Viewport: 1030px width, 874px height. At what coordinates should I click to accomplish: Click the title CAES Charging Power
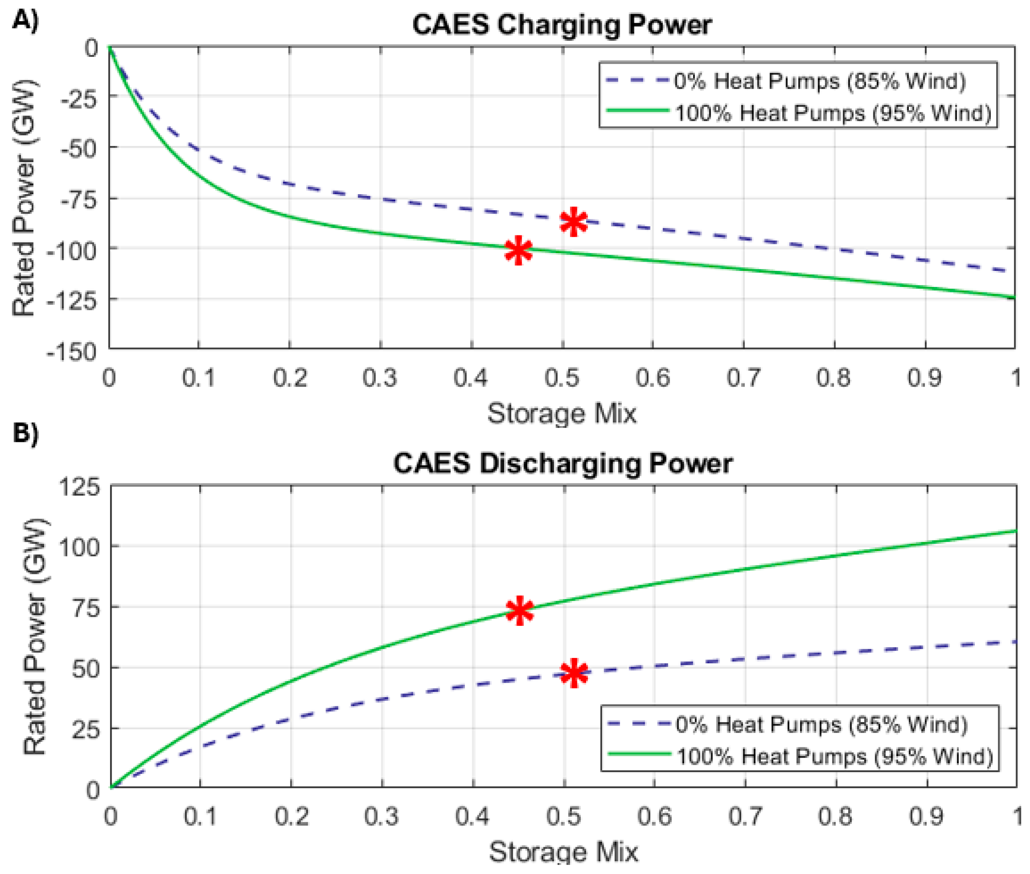click(561, 25)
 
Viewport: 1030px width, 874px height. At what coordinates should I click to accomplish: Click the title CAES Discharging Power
click(562, 464)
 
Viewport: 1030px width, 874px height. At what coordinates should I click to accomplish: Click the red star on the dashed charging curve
click(573, 221)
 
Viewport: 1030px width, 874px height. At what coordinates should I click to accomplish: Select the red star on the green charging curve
click(518, 250)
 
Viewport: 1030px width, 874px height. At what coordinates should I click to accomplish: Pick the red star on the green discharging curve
click(519, 611)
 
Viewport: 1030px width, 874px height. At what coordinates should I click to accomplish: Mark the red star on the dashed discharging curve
click(574, 673)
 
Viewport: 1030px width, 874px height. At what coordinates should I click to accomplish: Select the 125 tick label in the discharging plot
click(79, 486)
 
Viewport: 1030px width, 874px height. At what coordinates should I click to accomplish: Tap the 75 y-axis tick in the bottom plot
click(86, 609)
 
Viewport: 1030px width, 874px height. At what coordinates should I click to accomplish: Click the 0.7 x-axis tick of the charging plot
click(743, 378)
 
